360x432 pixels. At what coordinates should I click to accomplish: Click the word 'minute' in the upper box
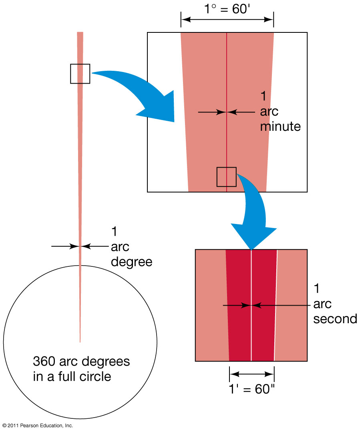coord(280,126)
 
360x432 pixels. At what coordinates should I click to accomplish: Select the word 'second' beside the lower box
coord(335,319)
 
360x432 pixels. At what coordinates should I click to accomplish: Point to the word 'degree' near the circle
coord(131,262)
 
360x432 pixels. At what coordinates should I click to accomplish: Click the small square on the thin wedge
coord(80,74)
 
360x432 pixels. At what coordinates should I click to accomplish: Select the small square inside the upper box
coord(227,177)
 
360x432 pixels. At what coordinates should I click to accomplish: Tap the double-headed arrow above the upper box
coord(227,19)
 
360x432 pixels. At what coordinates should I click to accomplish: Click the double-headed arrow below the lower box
coord(251,374)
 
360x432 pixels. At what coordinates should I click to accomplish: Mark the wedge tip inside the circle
coord(80,341)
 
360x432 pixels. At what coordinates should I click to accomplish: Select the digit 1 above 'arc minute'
coord(263,96)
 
